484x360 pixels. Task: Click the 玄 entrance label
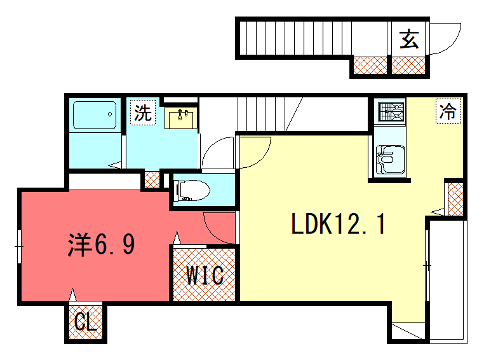pos(409,39)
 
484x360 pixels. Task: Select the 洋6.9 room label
pos(99,243)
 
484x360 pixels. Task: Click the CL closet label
pos(85,322)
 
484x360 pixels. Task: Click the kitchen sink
pos(389,158)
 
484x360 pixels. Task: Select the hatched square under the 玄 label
pos(407,66)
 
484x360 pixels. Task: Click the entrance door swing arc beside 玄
pos(443,40)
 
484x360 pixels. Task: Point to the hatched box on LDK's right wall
pos(454,199)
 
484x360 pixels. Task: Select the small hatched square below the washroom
pos(151,180)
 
